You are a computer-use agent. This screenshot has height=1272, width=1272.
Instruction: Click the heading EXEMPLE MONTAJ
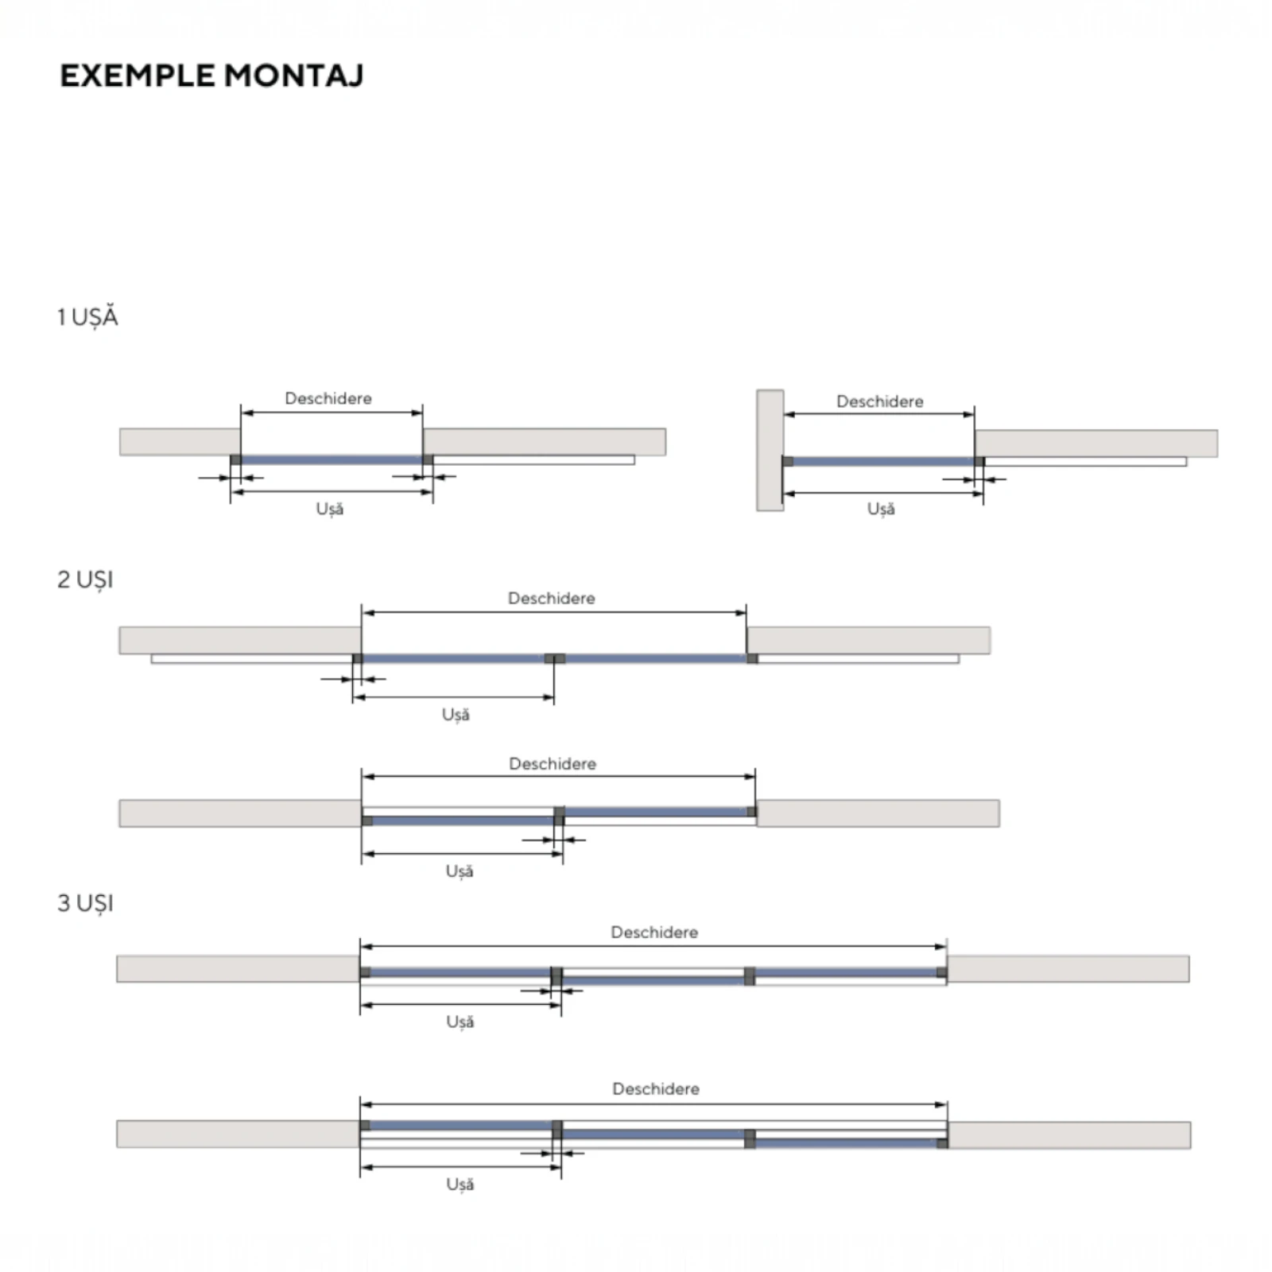pos(211,76)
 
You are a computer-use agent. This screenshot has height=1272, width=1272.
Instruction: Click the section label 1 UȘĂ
pos(87,317)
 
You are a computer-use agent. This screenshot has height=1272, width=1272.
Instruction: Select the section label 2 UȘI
pos(85,580)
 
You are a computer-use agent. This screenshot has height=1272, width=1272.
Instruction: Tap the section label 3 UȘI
pos(85,903)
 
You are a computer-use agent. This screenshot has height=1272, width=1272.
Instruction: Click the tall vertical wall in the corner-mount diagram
pos(770,450)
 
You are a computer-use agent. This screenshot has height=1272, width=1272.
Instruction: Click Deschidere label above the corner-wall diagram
pos(879,401)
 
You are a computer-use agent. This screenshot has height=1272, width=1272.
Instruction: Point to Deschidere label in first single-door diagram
pos(328,398)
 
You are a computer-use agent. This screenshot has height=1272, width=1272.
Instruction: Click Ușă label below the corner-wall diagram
pos(881,509)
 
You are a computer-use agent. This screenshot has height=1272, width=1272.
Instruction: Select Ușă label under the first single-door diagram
pos(330,509)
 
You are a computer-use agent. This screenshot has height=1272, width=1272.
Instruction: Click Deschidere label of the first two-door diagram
pos(551,598)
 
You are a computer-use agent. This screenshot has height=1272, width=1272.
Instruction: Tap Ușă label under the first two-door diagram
pos(456,715)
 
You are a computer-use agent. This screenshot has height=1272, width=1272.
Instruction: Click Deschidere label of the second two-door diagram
pos(553,763)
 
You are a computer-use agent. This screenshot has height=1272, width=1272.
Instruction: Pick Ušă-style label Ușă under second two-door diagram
pos(460,871)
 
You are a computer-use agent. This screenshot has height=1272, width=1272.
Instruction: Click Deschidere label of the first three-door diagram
pos(654,932)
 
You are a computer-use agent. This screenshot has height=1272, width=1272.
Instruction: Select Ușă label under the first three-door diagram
pos(460,1022)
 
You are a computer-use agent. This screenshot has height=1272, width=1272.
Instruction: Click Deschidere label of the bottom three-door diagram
pos(656,1088)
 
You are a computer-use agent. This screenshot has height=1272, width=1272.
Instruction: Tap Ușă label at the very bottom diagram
pos(460,1185)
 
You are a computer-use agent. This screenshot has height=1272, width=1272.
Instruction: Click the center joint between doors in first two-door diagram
pos(555,658)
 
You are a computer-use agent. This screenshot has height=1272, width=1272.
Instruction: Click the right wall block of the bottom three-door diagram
pos(1069,1134)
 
